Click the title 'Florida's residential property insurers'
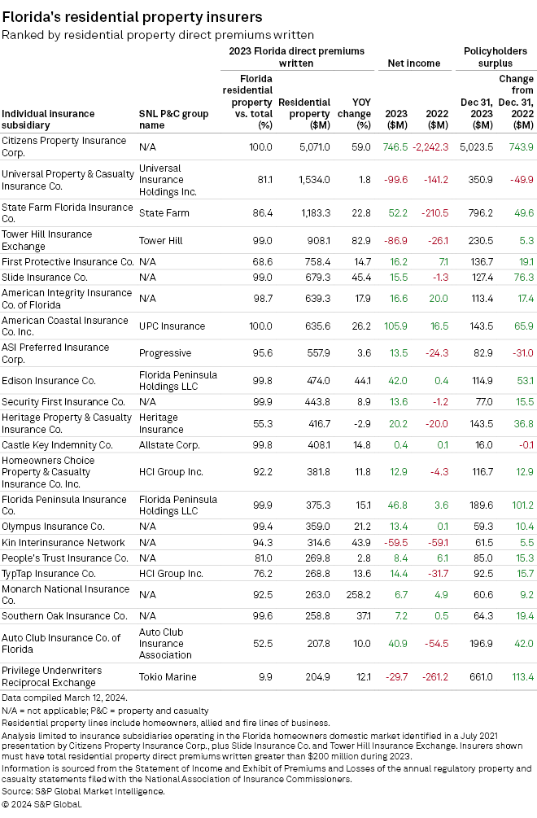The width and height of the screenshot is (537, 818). (132, 15)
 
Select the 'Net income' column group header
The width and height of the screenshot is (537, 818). (413, 63)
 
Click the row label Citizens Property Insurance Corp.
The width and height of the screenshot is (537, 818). (64, 147)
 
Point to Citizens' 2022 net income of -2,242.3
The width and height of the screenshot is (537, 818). (430, 147)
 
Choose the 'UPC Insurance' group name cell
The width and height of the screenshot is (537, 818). (172, 326)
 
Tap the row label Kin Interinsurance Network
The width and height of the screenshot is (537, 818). (63, 543)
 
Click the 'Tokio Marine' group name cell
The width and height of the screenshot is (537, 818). (168, 677)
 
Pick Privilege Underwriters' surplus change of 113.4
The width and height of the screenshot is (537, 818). (518, 677)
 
